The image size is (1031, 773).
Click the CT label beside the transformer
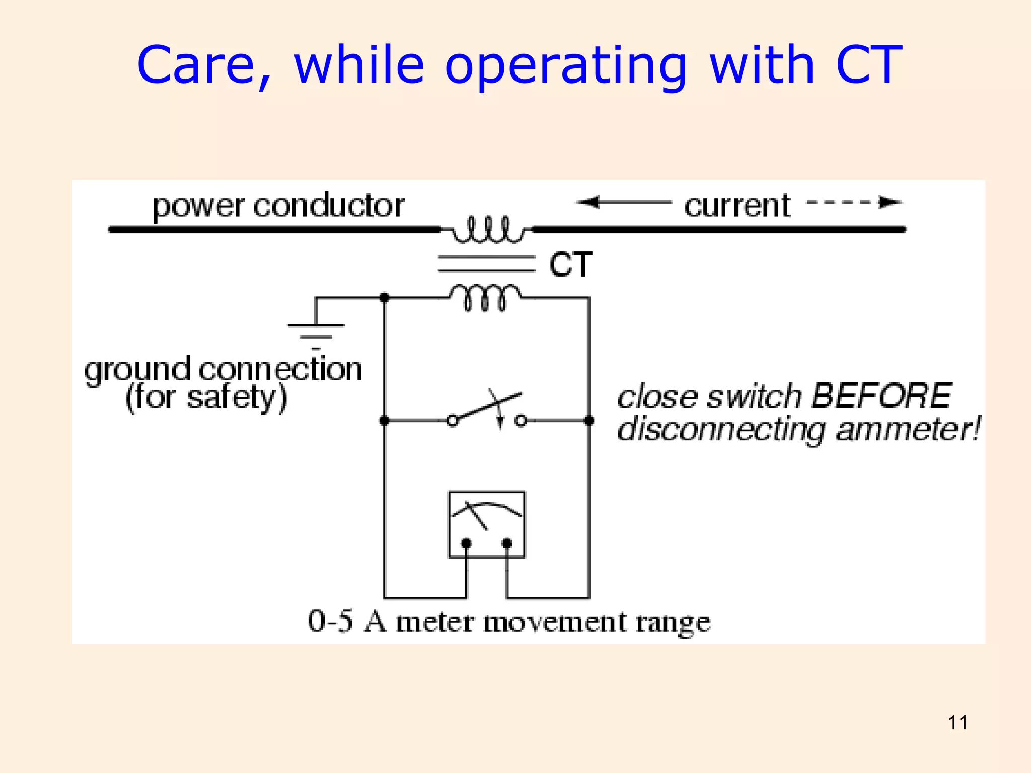pos(570,265)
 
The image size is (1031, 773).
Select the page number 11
pos(958,723)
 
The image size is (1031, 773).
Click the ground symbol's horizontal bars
pos(316,332)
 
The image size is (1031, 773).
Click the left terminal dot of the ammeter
pos(466,544)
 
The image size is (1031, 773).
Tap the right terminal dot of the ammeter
pos(507,544)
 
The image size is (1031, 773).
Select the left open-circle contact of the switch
pos(452,421)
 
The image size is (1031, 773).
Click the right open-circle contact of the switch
pos(521,421)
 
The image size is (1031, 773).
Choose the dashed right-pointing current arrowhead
pos(890,202)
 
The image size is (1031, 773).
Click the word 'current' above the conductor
pos(737,206)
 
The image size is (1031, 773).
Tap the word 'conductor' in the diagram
pos(329,206)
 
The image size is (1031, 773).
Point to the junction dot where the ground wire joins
pos(384,298)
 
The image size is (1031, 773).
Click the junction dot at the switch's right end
pos(588,421)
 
